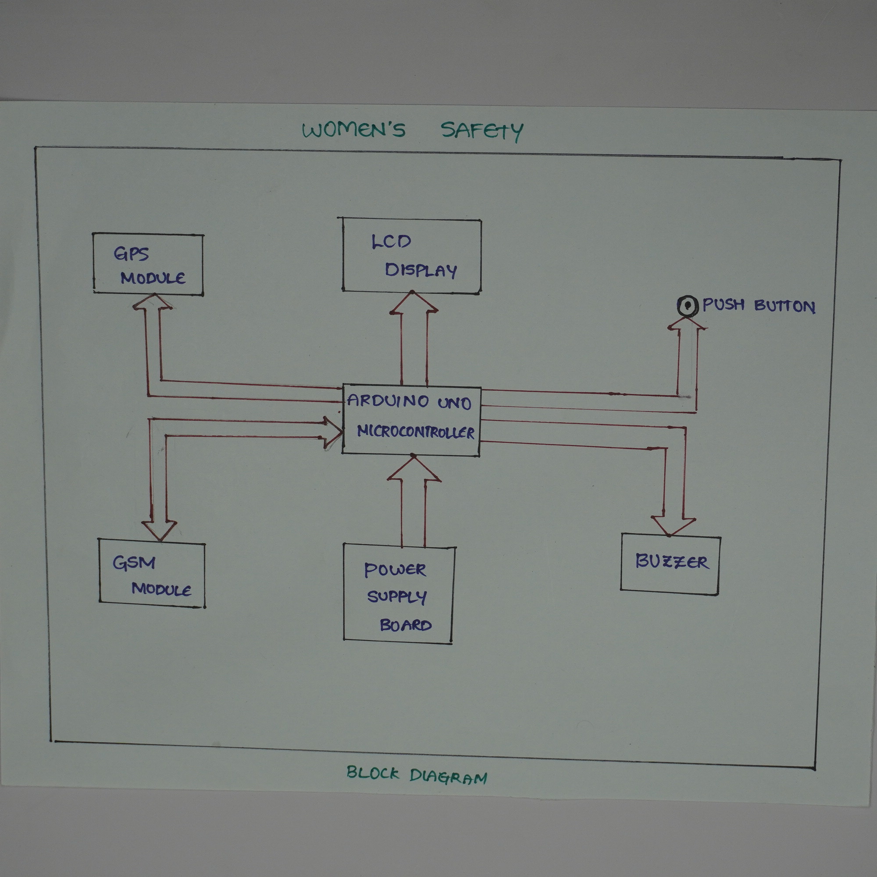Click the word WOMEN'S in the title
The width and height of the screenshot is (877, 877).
pos(353,130)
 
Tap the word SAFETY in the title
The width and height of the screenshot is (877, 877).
pos(482,131)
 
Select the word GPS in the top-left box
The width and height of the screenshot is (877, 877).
pos(131,254)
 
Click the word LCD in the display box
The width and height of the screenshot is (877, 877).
pos(391,242)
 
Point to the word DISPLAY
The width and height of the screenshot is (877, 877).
pos(421,270)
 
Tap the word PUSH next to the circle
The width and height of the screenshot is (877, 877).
pos(724,305)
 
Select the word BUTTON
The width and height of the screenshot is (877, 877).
pos(785,307)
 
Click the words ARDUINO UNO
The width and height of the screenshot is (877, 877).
pos(409,401)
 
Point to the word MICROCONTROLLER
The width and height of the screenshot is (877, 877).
pos(415,431)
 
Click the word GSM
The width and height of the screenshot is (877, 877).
pos(134,563)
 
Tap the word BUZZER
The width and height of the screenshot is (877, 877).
pos(671,562)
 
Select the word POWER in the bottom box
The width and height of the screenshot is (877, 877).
pos(395,570)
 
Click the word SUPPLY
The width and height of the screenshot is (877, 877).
pos(397,597)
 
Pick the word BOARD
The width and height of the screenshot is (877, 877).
pos(405,626)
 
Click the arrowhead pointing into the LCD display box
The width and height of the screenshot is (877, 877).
pos(413,302)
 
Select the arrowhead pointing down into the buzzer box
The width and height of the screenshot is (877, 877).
pos(673,525)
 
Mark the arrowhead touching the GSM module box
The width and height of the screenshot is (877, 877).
pos(159,530)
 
